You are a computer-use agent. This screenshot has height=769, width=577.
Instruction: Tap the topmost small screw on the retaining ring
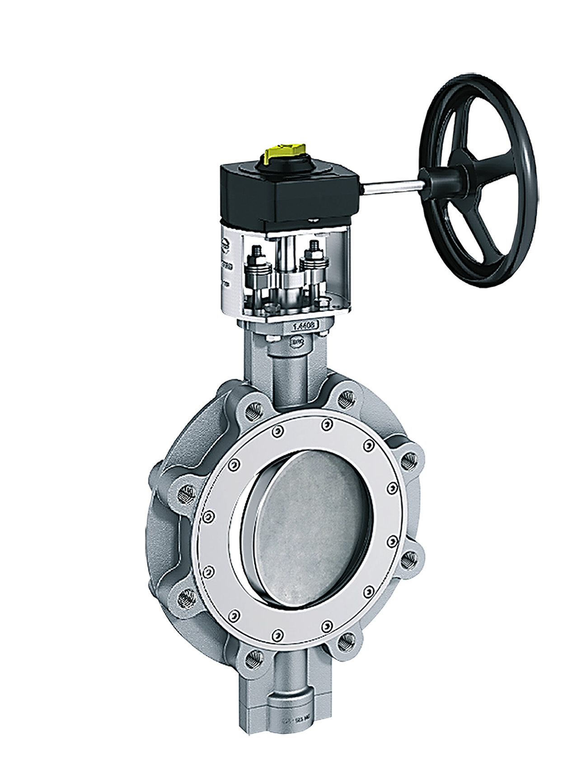click(x=326, y=424)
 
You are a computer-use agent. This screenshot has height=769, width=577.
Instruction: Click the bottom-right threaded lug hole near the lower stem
click(x=346, y=640)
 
